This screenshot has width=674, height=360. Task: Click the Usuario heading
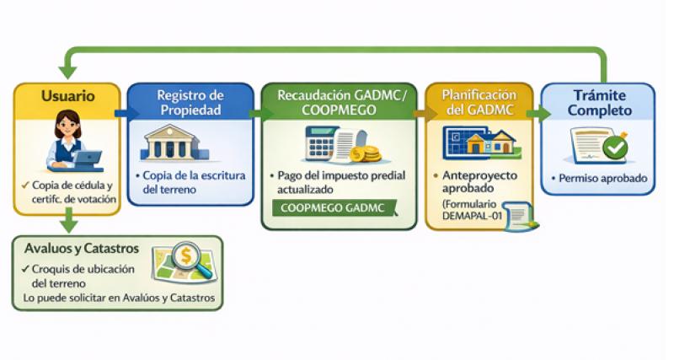click(x=67, y=96)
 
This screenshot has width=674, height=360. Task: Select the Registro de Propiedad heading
click(x=190, y=102)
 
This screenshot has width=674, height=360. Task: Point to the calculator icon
click(x=321, y=144)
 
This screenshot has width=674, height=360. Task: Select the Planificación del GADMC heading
click(x=478, y=102)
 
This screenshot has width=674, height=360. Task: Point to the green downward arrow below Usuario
click(x=67, y=223)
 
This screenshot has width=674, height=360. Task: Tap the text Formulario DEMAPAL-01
click(x=474, y=211)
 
